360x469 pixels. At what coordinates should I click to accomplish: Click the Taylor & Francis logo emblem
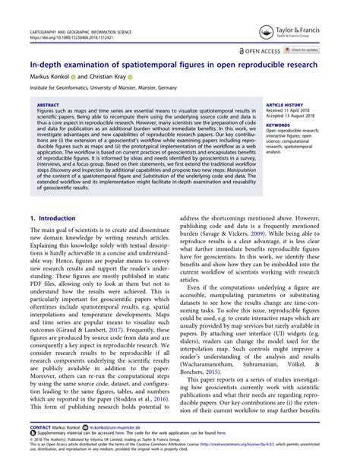[266, 30]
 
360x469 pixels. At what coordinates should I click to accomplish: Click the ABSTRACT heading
[48, 106]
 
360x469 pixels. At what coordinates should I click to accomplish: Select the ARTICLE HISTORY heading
[284, 106]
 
